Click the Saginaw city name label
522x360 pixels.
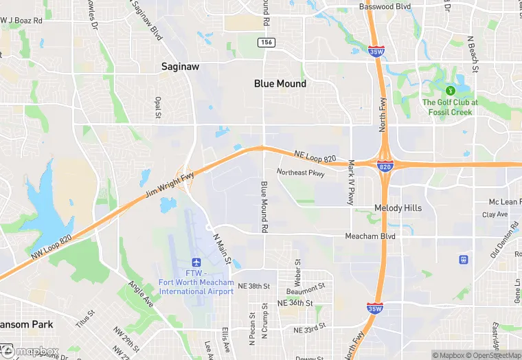181,67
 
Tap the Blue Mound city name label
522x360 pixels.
280,83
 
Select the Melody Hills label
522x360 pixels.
398,207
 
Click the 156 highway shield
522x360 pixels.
267,43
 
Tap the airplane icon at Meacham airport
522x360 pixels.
196,262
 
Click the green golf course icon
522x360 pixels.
451,90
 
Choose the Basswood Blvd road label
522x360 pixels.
385,7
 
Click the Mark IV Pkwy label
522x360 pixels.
351,182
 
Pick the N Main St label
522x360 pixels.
220,241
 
